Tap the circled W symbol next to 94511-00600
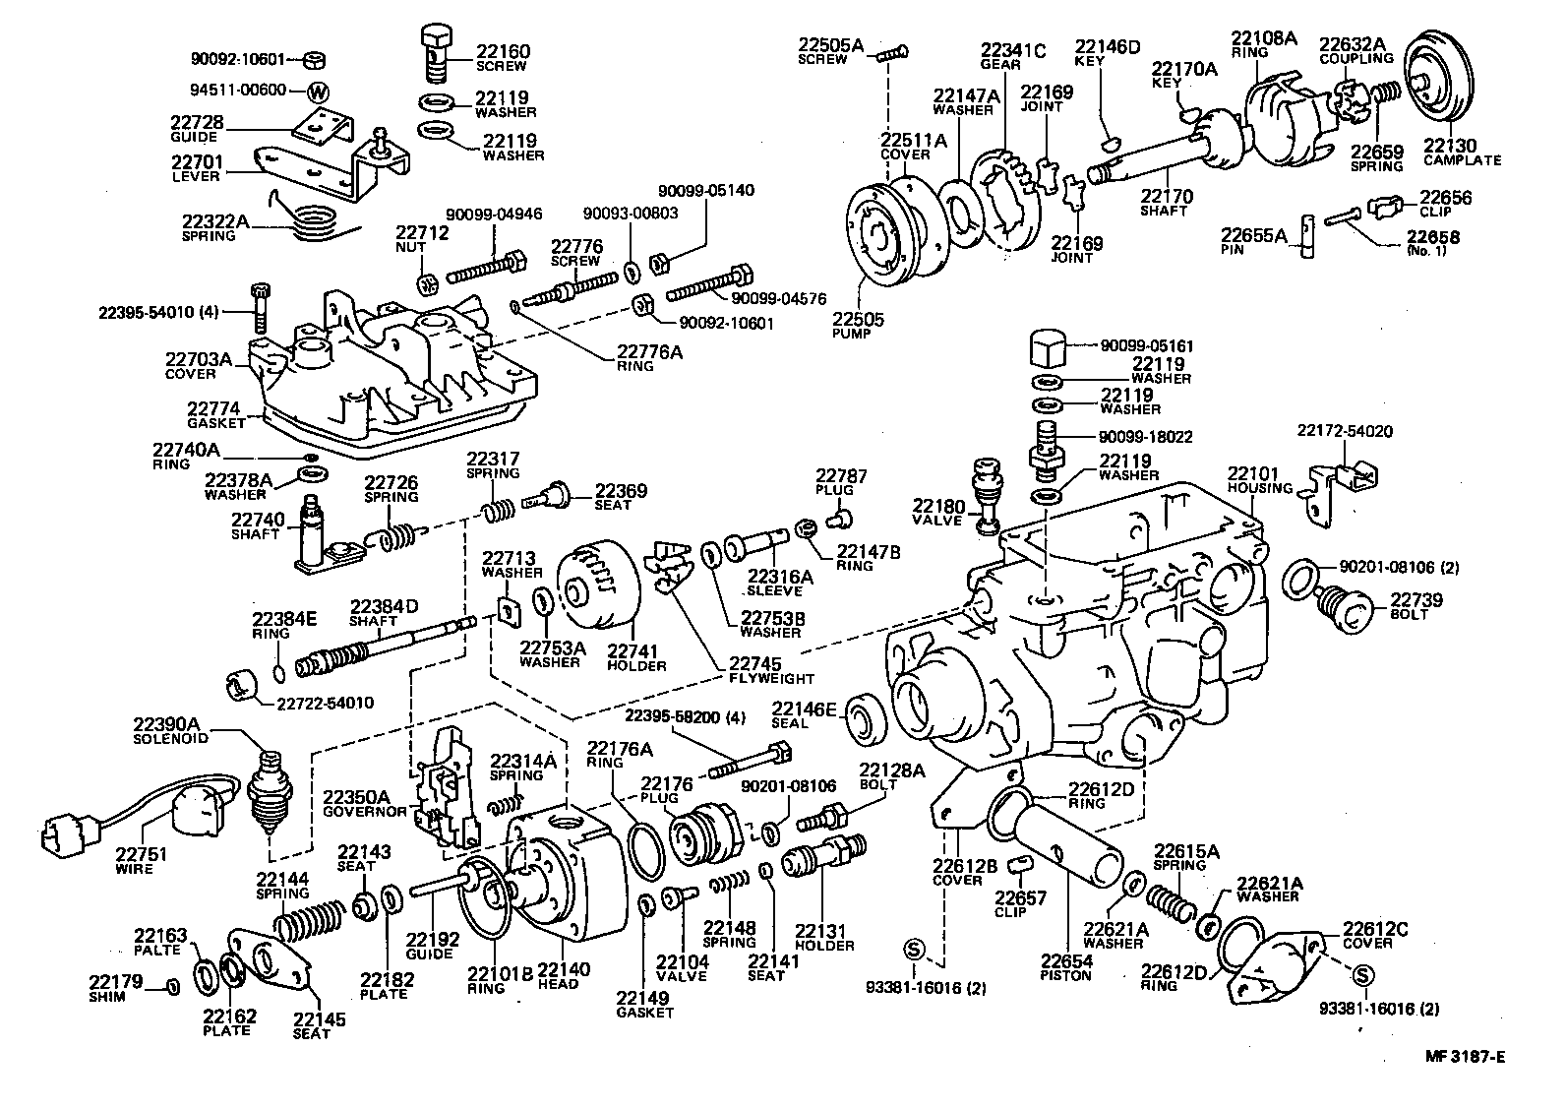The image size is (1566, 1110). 318,92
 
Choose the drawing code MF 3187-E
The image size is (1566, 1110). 1467,1058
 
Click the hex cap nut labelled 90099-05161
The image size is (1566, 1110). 1051,348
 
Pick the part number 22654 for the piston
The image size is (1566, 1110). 1067,961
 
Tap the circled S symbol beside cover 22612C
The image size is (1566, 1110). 1362,975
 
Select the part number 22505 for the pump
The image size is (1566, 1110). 858,320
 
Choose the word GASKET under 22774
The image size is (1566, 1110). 216,422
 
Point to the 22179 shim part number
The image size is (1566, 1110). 116,981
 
